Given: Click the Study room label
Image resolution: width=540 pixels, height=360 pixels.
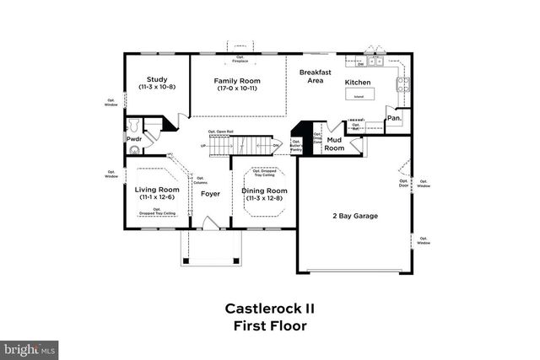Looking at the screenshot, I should [x=155, y=80].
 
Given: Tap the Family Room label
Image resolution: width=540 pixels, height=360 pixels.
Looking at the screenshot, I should [x=236, y=80].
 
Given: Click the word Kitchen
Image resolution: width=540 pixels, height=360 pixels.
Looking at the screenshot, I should [x=358, y=82].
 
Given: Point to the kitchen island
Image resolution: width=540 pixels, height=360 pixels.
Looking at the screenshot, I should [x=359, y=95].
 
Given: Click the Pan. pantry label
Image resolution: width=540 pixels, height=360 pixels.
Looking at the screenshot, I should [x=394, y=119].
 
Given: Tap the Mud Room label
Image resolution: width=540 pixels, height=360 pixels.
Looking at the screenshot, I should [x=335, y=144].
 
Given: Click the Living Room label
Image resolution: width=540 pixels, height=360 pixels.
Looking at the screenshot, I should [x=157, y=190].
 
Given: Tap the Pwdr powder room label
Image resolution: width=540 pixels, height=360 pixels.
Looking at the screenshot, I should [x=134, y=138].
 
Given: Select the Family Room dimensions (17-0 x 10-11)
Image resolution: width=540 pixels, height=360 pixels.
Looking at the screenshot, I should [x=236, y=89].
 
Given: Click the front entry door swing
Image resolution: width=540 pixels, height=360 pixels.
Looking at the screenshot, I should [x=212, y=223].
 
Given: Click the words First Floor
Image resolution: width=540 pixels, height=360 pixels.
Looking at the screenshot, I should [x=270, y=325].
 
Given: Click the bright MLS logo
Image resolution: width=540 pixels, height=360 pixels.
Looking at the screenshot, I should [x=30, y=347].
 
